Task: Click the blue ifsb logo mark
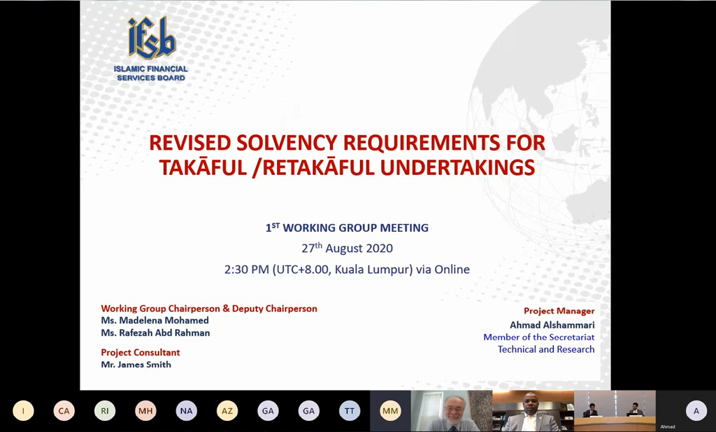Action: click(x=152, y=38)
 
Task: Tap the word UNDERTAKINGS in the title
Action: click(x=457, y=167)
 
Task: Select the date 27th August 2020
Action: click(x=347, y=248)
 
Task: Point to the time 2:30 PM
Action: click(x=247, y=270)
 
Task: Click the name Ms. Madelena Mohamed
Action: click(x=155, y=321)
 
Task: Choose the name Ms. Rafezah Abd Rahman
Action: click(x=155, y=333)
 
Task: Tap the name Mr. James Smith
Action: click(x=136, y=364)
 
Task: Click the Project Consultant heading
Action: click(x=140, y=352)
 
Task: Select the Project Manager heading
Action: click(x=559, y=311)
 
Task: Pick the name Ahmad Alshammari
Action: click(x=552, y=325)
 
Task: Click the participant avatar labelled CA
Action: click(x=64, y=411)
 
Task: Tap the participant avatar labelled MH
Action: click(x=145, y=411)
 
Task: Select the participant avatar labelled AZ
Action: click(x=227, y=411)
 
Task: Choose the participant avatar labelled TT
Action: click(x=350, y=411)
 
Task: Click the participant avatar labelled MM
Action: click(x=390, y=411)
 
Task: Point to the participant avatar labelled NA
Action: click(x=186, y=411)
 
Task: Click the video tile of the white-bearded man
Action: click(x=452, y=411)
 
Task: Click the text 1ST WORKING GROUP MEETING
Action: click(x=347, y=227)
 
